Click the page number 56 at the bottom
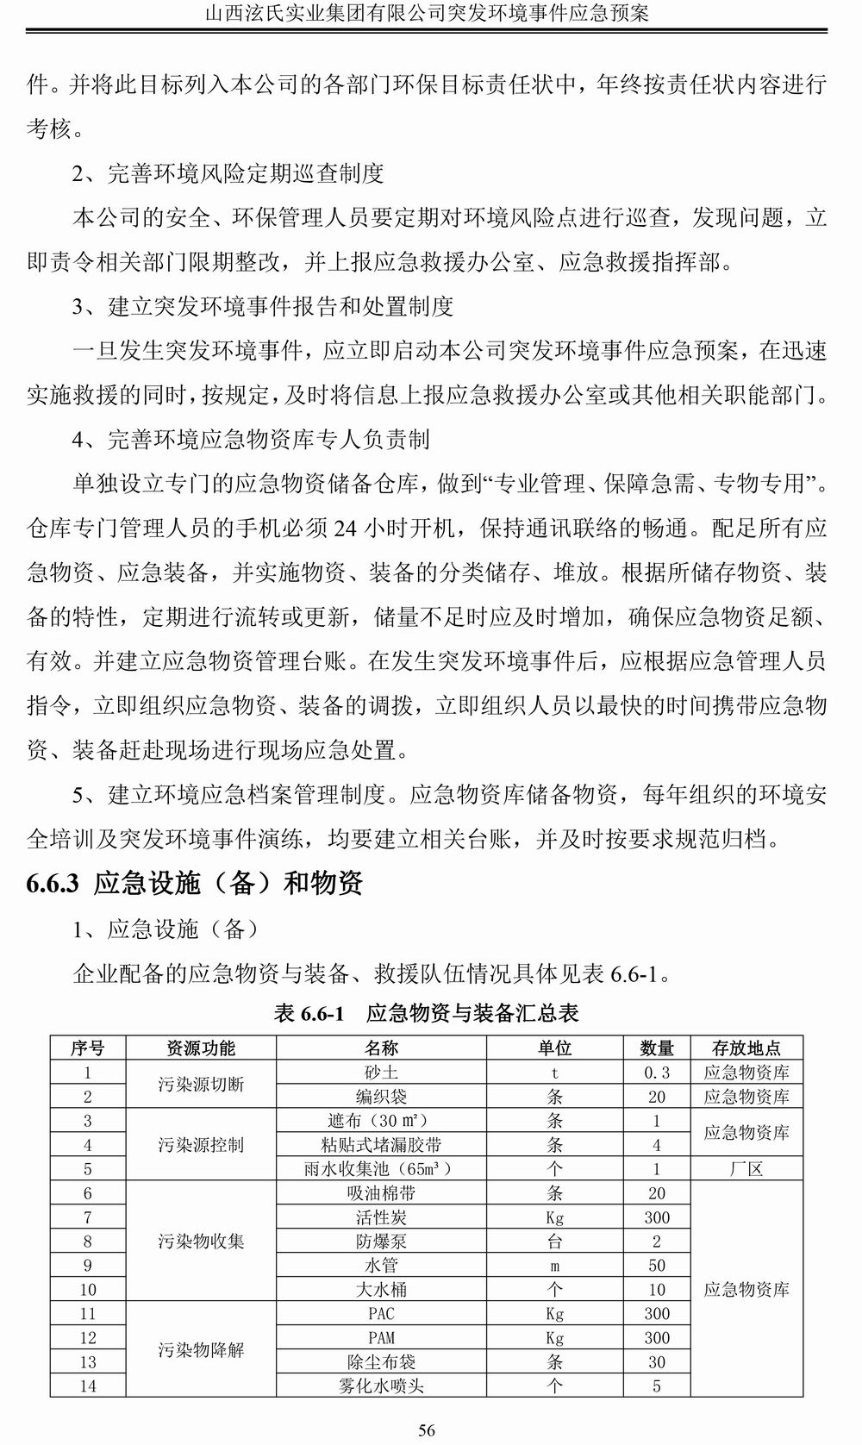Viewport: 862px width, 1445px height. coord(427,1430)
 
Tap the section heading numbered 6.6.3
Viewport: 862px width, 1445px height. coord(195,883)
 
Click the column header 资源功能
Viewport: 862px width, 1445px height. coord(201,1048)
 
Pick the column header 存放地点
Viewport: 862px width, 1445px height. coord(746,1048)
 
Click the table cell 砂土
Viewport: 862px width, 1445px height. coord(381,1073)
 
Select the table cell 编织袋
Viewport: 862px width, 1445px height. coord(381,1097)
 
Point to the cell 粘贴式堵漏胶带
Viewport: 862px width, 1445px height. coord(381,1145)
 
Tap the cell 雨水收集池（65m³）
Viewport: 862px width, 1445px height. coord(381,1169)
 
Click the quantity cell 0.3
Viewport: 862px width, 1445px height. coord(657,1073)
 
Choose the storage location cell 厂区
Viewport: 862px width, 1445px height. coord(746,1169)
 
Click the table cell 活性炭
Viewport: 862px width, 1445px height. coord(381,1217)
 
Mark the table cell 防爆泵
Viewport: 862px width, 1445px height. coord(381,1242)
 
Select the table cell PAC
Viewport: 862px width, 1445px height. coord(381,1314)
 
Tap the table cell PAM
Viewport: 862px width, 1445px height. coord(381,1338)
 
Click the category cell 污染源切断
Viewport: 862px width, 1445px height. coord(201,1085)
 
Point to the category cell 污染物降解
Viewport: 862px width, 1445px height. coord(201,1349)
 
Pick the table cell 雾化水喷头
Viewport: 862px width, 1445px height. coord(381,1386)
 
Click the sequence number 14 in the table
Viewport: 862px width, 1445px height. coord(88,1386)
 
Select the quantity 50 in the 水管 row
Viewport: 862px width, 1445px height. coord(657,1266)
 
